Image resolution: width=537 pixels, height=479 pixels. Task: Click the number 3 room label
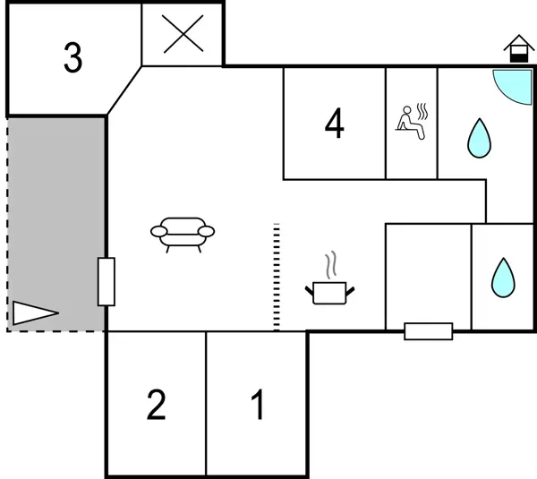(x=72, y=58)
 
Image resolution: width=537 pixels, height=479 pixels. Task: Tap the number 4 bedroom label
(x=334, y=124)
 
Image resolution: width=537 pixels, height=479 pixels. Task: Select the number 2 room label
(x=156, y=406)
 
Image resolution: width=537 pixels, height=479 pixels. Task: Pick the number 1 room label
(x=258, y=406)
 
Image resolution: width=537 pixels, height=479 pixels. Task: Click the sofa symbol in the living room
(x=183, y=234)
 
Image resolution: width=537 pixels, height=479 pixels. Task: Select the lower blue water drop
(x=503, y=278)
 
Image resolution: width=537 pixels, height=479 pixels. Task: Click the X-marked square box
(x=183, y=34)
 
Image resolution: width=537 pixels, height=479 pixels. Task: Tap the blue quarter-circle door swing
(x=514, y=84)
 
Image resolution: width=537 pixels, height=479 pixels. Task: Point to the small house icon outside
(x=517, y=48)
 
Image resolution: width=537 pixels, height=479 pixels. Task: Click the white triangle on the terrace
(x=32, y=312)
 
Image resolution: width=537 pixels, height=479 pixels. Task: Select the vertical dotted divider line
(x=277, y=276)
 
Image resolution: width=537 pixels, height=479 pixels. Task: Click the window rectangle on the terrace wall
(x=107, y=281)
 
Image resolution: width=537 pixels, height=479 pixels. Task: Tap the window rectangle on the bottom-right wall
(x=428, y=331)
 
